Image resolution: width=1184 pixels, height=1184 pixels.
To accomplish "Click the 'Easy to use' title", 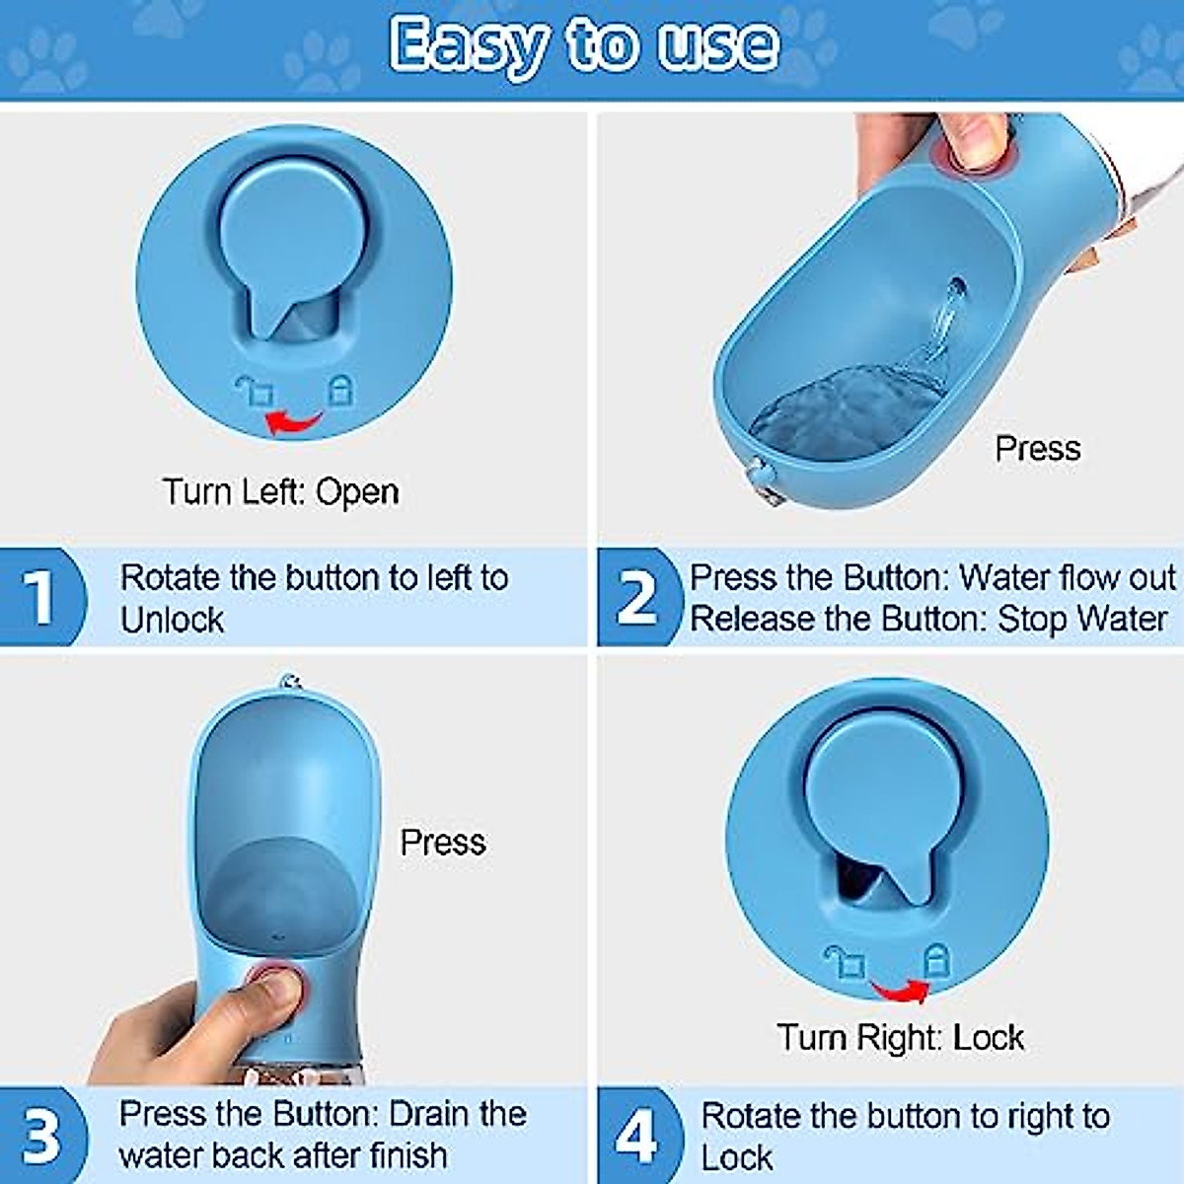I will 584,44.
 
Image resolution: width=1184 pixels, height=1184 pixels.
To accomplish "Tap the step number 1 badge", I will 39,597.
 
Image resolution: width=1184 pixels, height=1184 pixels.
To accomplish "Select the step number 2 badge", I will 636,598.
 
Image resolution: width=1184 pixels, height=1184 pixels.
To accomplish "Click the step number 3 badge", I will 40,1136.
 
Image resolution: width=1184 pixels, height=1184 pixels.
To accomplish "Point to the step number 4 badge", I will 636,1136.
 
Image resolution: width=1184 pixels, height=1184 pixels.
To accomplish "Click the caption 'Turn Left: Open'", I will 281,491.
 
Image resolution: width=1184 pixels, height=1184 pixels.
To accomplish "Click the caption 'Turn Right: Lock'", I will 900,1037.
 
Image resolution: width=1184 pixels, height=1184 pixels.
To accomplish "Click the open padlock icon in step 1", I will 255,391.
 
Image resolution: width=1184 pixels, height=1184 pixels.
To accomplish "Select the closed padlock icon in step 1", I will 339,389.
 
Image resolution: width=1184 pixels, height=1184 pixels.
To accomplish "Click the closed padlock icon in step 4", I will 935,959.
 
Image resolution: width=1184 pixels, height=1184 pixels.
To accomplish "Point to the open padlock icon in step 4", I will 846,961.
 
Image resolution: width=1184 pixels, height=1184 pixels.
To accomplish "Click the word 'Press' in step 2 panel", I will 1037,449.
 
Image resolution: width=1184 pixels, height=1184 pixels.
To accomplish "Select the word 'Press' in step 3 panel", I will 442,842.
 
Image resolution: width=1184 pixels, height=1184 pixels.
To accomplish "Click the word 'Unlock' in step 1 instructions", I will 172,620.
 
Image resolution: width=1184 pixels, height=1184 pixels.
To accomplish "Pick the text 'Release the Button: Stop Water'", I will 927,619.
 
